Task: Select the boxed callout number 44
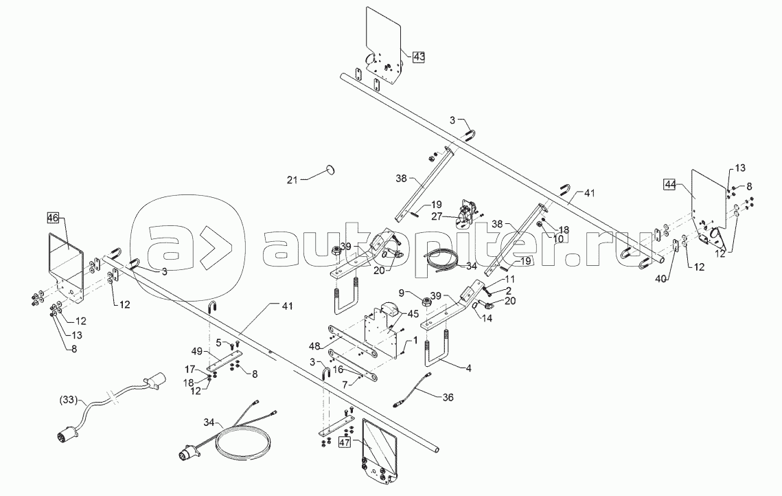pos(669,183)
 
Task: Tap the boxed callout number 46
pos(53,218)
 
